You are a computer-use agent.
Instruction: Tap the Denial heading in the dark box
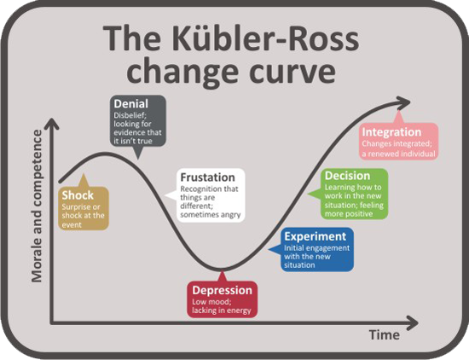(x=131, y=103)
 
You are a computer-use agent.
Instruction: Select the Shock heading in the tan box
(x=78, y=195)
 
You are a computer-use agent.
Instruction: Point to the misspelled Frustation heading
(x=207, y=177)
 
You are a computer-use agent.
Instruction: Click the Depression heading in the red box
(x=223, y=290)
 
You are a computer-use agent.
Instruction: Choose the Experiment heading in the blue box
(x=316, y=236)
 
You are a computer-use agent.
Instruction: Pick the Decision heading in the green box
(x=348, y=176)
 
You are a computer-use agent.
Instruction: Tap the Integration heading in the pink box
(x=392, y=132)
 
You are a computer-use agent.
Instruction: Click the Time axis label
(x=385, y=334)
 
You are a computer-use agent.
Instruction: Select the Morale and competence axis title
(x=37, y=206)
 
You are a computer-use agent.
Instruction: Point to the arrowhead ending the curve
(x=404, y=102)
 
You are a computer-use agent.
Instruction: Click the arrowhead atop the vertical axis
(x=52, y=124)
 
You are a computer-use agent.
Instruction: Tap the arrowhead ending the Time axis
(x=413, y=323)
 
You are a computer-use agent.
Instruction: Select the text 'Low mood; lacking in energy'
(x=222, y=306)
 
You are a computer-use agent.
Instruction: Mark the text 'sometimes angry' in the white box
(x=211, y=215)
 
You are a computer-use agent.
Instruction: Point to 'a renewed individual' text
(x=399, y=154)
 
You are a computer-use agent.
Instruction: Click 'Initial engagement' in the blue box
(x=316, y=248)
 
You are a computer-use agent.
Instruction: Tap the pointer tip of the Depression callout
(x=222, y=270)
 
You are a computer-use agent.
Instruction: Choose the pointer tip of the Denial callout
(x=137, y=160)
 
